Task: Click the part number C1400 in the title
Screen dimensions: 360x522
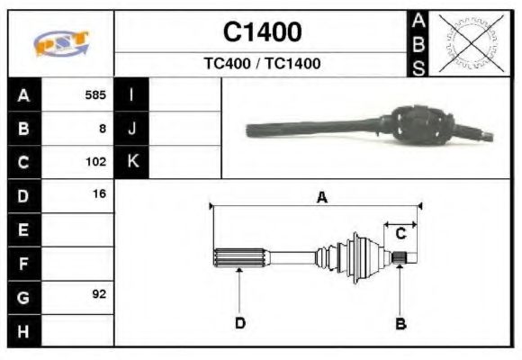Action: click(x=262, y=33)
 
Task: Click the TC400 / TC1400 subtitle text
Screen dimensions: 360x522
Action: click(x=262, y=64)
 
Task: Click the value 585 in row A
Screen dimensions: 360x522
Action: click(x=95, y=94)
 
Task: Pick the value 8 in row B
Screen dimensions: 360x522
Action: click(x=103, y=128)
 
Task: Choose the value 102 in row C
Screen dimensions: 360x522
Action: click(x=95, y=162)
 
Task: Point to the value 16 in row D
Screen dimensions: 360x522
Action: click(x=99, y=193)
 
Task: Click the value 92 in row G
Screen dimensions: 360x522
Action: click(x=99, y=293)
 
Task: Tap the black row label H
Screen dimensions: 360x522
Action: click(x=23, y=330)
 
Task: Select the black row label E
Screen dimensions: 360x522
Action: click(x=23, y=229)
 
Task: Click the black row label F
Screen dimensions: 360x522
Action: click(x=23, y=263)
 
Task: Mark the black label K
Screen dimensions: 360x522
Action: click(x=131, y=162)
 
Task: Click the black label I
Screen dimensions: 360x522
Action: click(x=131, y=94)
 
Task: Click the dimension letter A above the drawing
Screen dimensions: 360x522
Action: click(x=321, y=198)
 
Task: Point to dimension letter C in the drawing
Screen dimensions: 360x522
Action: click(x=401, y=233)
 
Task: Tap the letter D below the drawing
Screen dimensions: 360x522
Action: click(x=240, y=322)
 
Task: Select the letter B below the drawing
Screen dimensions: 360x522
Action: click(x=401, y=322)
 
